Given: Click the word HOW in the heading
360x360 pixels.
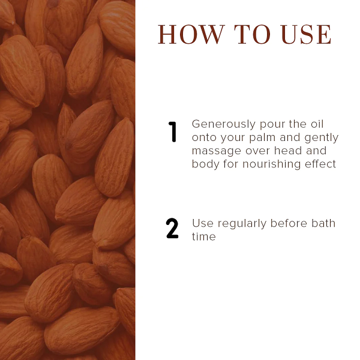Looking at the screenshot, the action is tap(191, 34).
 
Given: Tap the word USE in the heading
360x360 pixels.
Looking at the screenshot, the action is tap(306, 34).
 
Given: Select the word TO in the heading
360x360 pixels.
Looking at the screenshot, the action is tap(253, 34).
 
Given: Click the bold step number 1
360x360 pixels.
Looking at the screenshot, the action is tap(172, 132).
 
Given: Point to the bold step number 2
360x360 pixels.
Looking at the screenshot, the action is tap(172, 228).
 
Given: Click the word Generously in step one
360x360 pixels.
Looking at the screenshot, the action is tap(224, 124).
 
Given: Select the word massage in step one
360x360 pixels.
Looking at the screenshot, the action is tap(217, 151).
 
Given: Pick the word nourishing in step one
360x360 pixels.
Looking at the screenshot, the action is tap(272, 164).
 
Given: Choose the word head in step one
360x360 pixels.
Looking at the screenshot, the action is tap(286, 151).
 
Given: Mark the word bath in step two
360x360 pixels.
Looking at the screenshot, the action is tap(323, 223).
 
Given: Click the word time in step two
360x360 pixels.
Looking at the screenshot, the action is tap(204, 236).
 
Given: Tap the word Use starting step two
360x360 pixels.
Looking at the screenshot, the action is tap(203, 223).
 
